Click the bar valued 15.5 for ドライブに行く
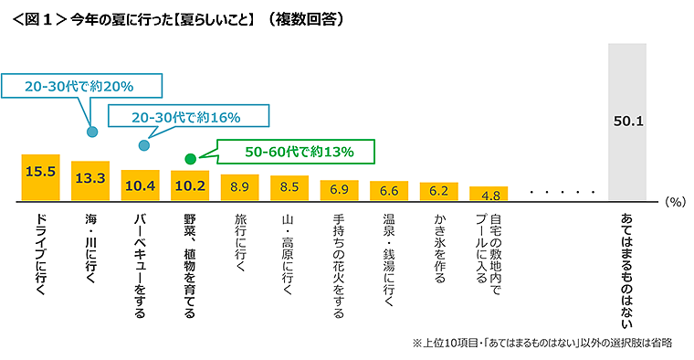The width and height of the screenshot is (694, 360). point(40,177)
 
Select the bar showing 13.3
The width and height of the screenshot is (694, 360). point(90,181)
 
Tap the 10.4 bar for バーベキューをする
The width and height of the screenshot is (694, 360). point(140,185)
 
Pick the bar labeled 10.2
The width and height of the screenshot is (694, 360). point(190,185)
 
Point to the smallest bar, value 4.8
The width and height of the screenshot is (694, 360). point(489,194)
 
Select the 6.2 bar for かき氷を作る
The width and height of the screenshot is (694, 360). point(438,192)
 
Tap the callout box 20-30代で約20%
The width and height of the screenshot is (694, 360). point(81,87)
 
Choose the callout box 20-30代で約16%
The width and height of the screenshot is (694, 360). point(187,117)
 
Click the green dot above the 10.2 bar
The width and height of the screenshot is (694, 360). point(190,159)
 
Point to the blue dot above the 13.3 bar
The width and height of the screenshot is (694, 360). point(91,132)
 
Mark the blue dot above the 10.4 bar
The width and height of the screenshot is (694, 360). point(143,145)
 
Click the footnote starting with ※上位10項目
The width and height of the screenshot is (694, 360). point(542,343)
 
